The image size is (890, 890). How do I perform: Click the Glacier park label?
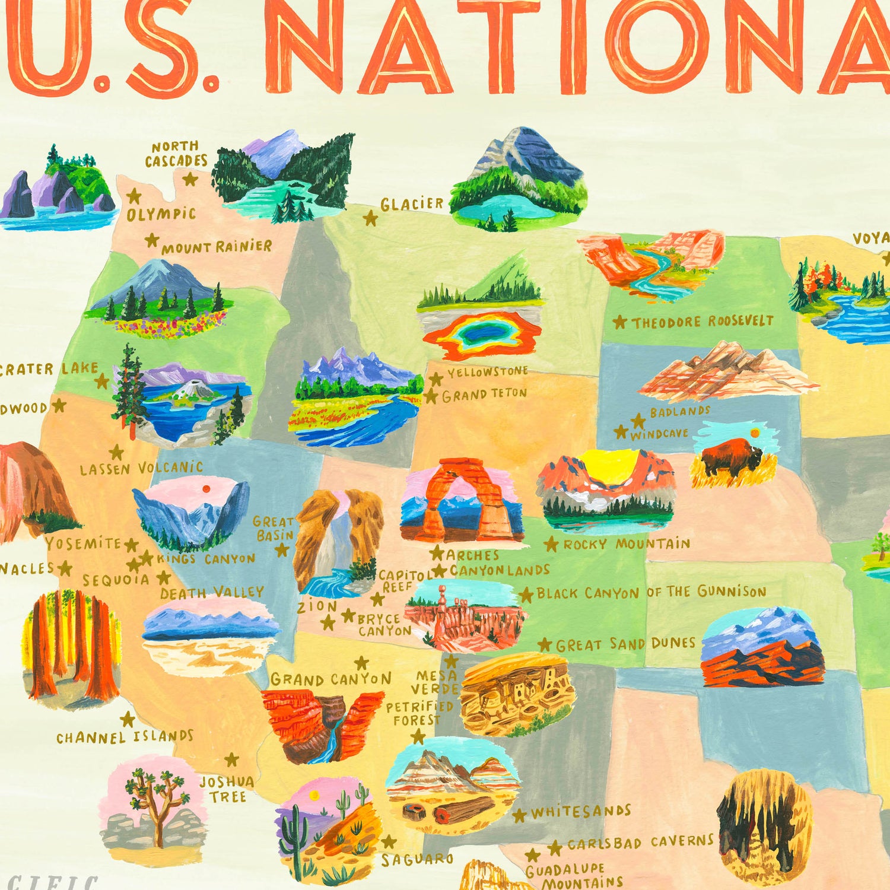tap(412, 204)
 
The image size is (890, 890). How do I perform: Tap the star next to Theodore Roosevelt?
tap(619, 322)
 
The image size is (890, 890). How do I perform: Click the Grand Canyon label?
tap(330, 679)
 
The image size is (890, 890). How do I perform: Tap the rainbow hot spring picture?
tap(482, 335)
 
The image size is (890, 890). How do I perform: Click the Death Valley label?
tap(212, 592)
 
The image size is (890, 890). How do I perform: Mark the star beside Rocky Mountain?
tap(551, 543)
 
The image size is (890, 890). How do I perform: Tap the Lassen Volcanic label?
tap(141, 468)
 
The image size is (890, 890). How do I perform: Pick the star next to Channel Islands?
tap(128, 720)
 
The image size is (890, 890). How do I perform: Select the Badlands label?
tap(679, 411)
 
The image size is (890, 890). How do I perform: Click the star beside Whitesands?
tap(520, 815)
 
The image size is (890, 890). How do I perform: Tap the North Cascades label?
tap(176, 154)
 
